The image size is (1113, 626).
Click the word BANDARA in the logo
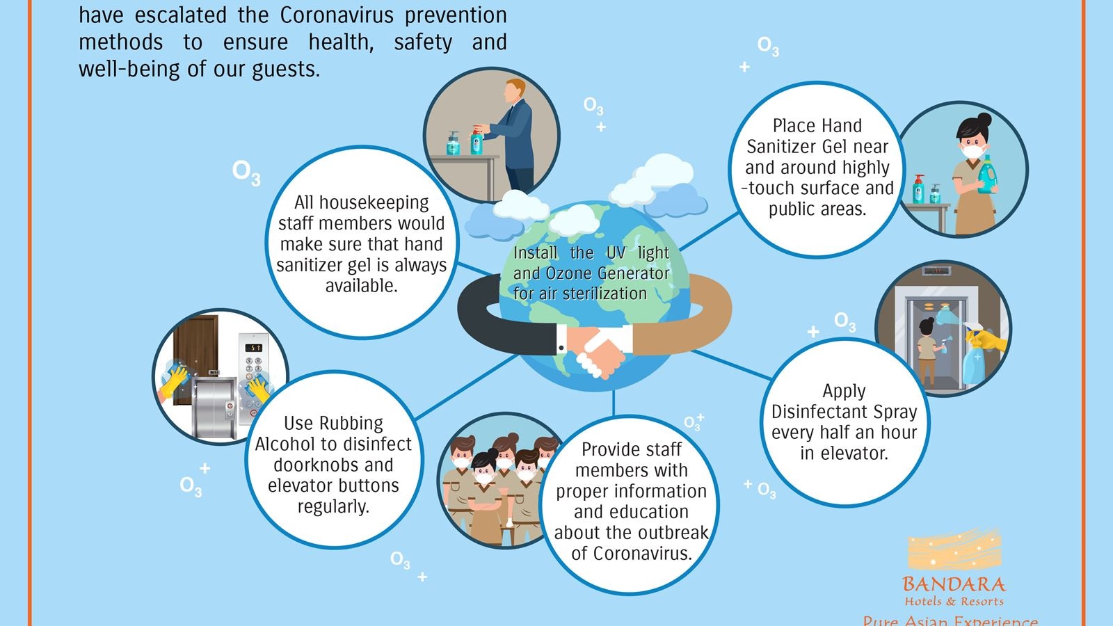[954, 584]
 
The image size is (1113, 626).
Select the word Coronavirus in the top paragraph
[337, 15]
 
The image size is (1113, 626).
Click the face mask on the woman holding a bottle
[973, 150]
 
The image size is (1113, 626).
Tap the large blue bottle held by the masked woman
[987, 174]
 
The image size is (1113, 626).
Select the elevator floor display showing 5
[253, 347]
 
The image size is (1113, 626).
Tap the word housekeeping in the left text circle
[374, 202]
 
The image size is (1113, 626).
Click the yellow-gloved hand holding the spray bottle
[986, 340]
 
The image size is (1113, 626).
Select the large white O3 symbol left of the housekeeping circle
[246, 172]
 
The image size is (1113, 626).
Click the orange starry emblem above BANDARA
[954, 549]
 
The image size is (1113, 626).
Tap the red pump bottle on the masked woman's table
[918, 188]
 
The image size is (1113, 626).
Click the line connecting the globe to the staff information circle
[614, 403]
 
